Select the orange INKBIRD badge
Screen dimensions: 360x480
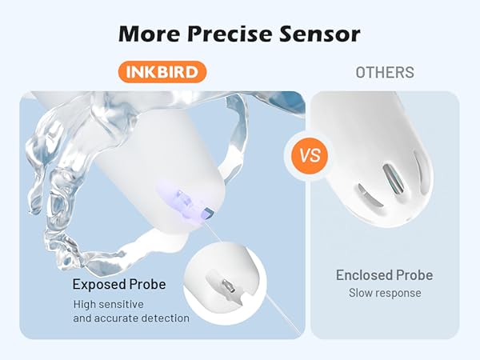[162, 73]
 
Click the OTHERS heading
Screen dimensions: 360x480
[385, 73]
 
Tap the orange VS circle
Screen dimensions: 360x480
[307, 154]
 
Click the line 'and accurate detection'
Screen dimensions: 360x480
[131, 318]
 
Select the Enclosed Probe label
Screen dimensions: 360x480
[384, 275]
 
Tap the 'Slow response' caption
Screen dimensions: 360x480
[384, 293]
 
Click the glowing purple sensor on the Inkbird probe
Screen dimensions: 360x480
[182, 197]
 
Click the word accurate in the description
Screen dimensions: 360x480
[118, 318]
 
